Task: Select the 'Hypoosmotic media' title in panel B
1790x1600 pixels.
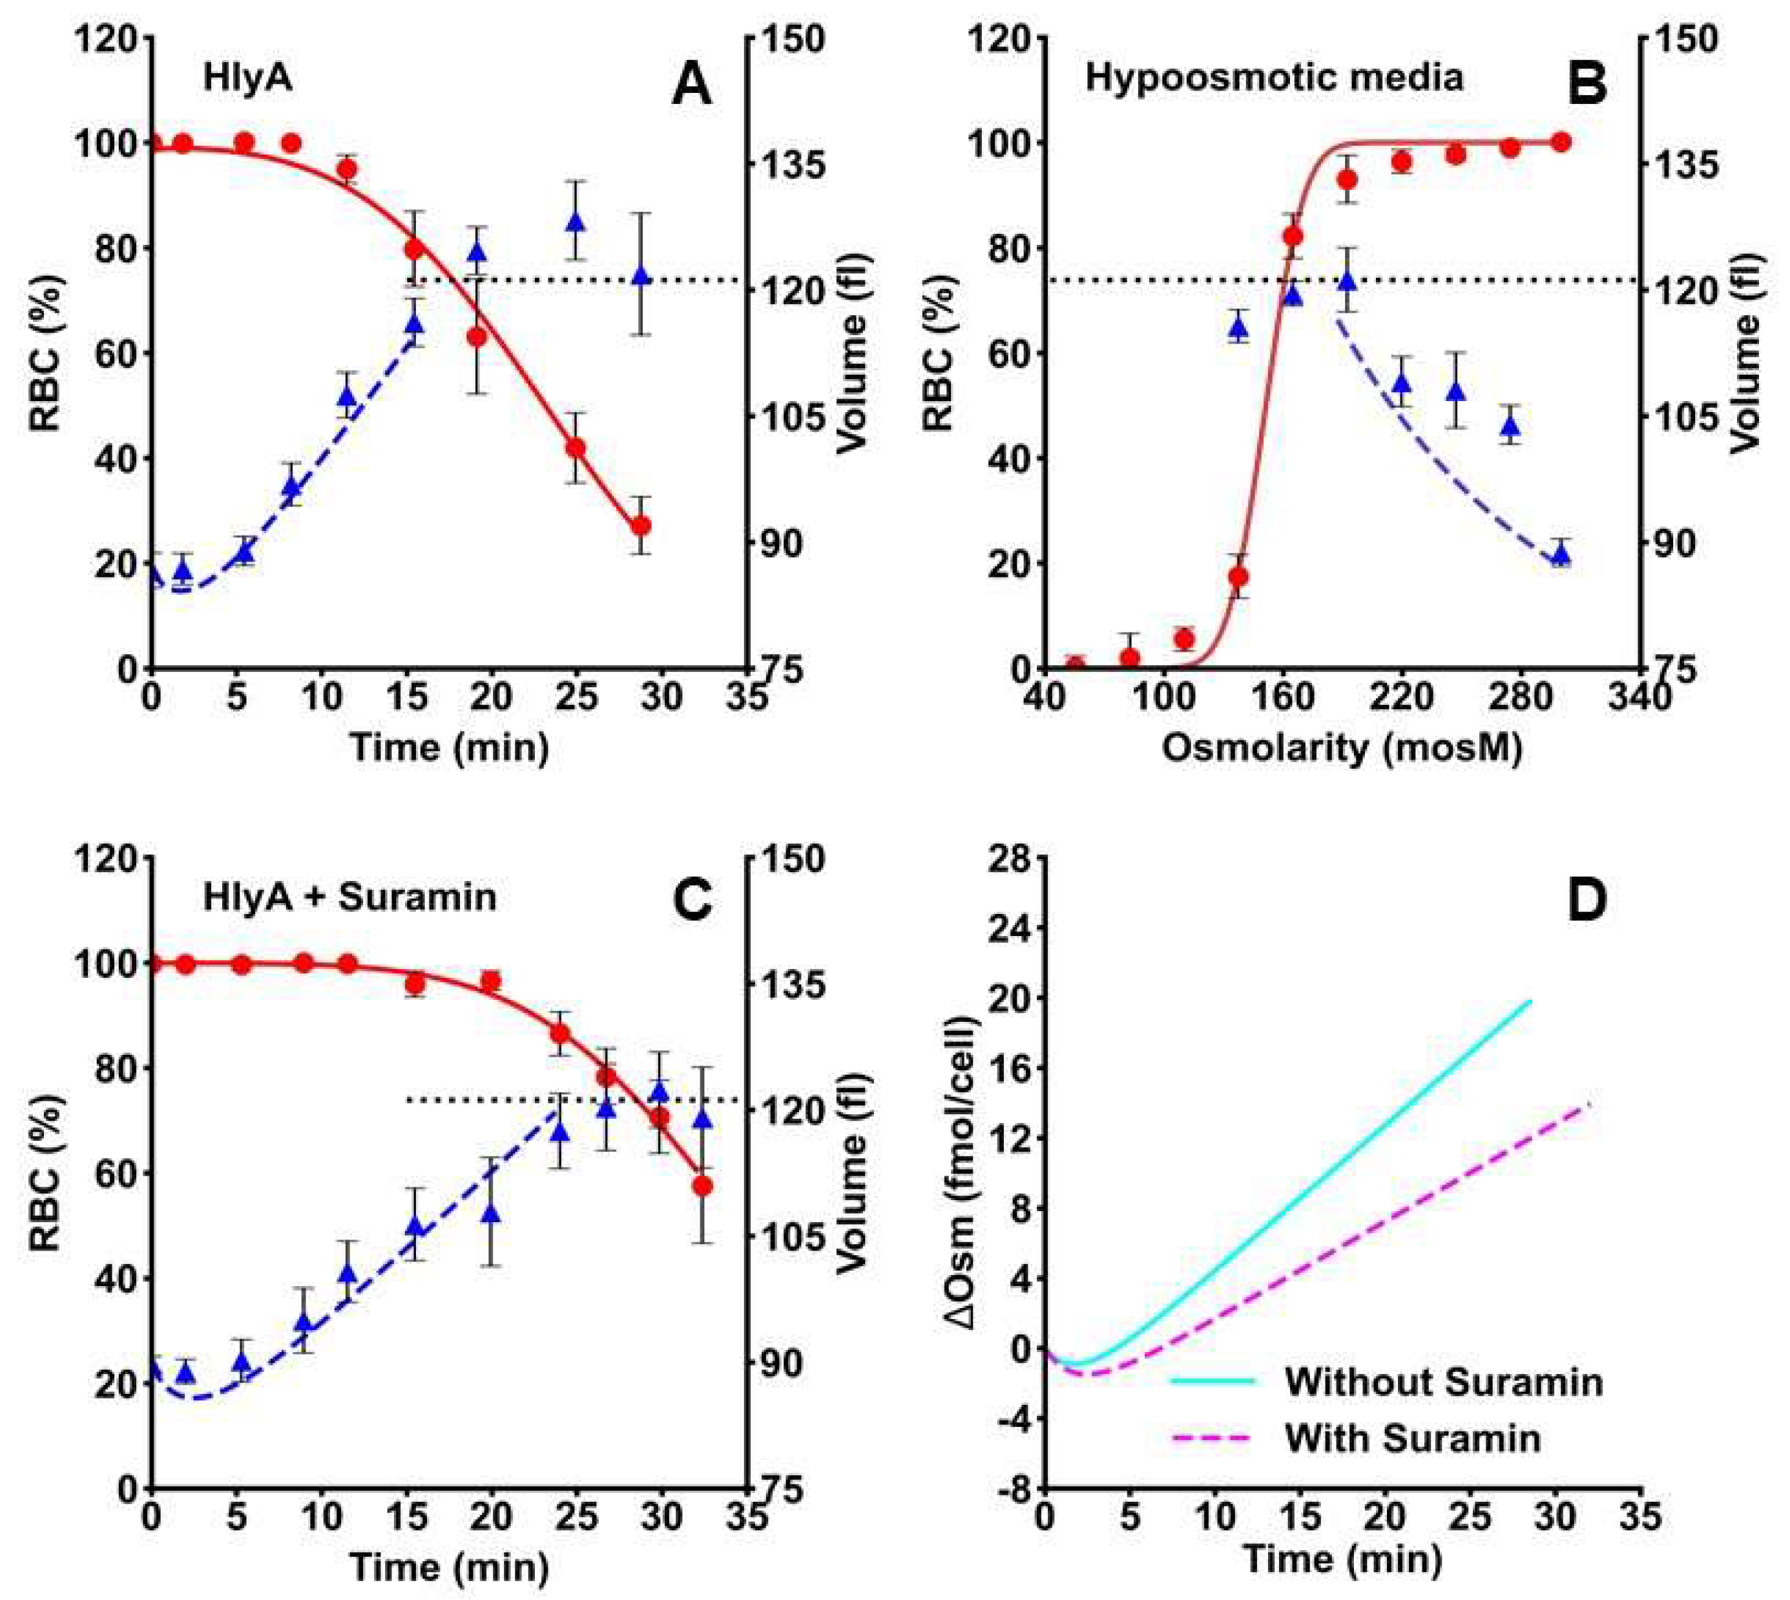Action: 1274,78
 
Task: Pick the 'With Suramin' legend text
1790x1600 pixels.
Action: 1413,1439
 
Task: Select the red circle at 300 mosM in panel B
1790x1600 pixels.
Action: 1561,142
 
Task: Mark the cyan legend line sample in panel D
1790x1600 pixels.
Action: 1212,1381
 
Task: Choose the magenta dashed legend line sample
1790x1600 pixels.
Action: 1212,1439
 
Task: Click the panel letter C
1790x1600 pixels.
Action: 691,900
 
